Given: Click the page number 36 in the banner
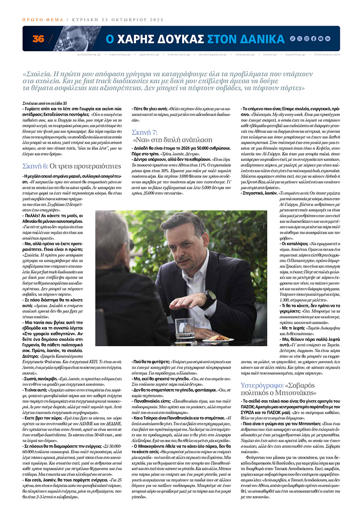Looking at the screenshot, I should [x=38, y=39].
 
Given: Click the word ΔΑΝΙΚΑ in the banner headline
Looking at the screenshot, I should [x=259, y=39].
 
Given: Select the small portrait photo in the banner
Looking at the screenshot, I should [x=76, y=39].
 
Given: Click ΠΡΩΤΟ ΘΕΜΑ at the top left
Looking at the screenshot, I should [x=42, y=20].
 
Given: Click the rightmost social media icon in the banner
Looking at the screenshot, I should [x=328, y=39].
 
